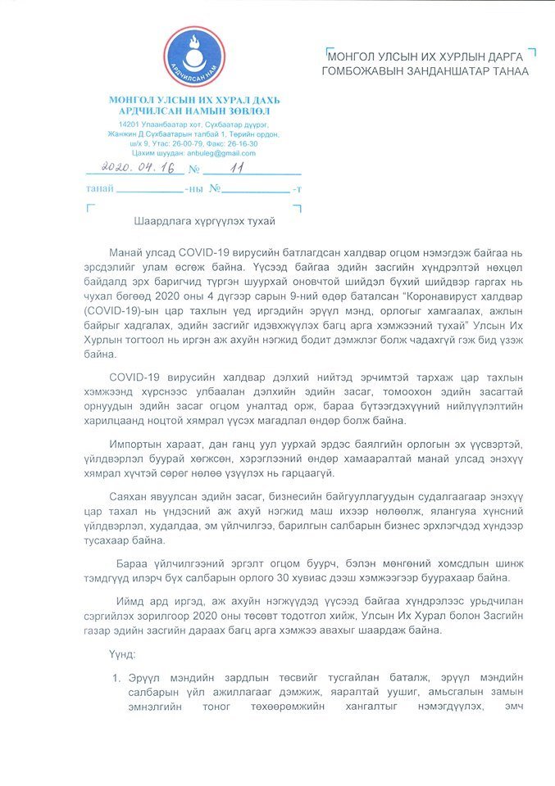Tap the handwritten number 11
239,168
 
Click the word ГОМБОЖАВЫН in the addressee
366,71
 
